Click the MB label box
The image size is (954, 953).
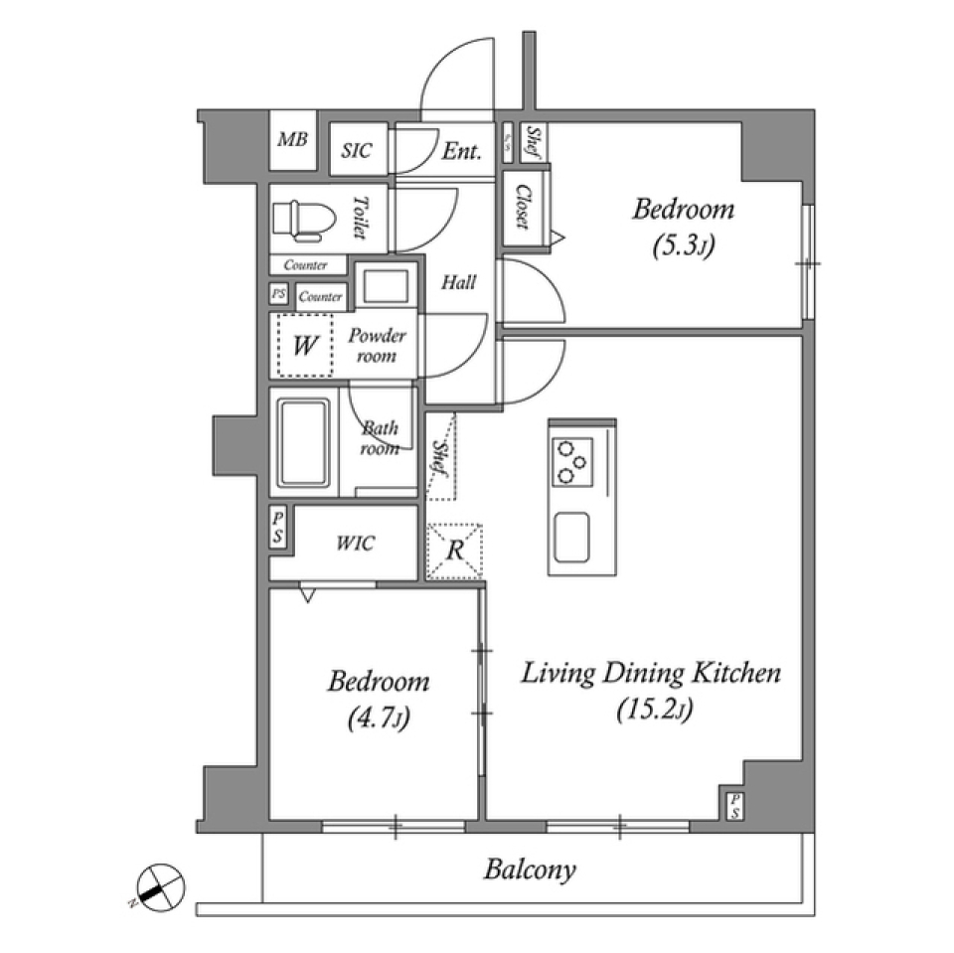point(292,139)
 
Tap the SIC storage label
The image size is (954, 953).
point(356,150)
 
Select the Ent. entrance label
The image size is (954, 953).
point(462,151)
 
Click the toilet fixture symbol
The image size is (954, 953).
point(300,220)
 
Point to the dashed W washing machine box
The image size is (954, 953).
point(305,346)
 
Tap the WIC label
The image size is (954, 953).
point(355,544)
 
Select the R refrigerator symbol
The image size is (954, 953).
point(453,551)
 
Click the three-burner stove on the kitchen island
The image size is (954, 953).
point(573,461)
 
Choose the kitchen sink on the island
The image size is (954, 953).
point(572,538)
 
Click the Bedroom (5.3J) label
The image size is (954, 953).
point(683,226)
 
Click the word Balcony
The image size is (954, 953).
point(530,871)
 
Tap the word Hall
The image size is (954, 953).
point(458,282)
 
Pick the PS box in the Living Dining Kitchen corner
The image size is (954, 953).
point(734,806)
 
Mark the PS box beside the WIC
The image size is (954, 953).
point(279,528)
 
